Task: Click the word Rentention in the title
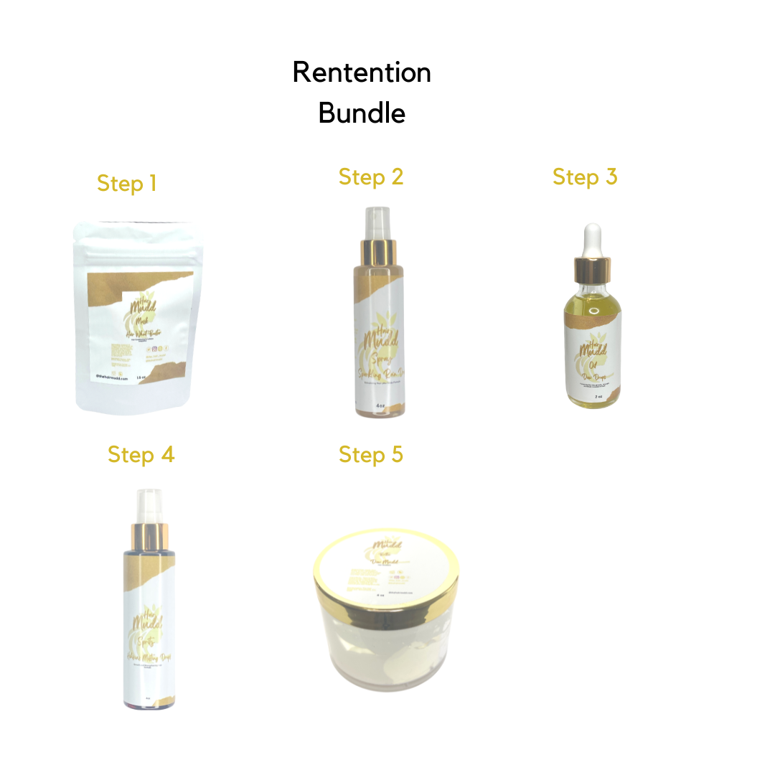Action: tap(362, 72)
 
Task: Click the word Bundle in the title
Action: tap(362, 113)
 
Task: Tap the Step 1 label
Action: tap(126, 184)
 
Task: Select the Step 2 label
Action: tap(371, 177)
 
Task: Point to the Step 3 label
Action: tap(585, 177)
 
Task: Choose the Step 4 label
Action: tap(141, 455)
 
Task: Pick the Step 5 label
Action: tap(371, 455)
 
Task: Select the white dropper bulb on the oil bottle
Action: tap(592, 240)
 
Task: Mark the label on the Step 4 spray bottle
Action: tap(149, 631)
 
